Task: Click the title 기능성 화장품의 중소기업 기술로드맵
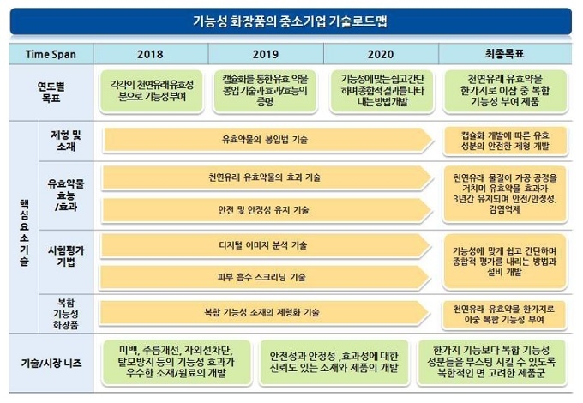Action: point(290,21)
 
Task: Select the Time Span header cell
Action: point(51,54)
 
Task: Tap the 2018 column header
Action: point(150,54)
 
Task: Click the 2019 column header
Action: point(266,54)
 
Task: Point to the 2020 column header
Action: point(381,54)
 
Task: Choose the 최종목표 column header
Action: point(505,54)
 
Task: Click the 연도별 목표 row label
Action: point(51,93)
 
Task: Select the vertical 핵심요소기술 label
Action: point(24,232)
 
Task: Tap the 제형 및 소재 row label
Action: point(66,141)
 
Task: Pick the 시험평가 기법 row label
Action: point(66,256)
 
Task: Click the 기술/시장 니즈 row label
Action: point(51,363)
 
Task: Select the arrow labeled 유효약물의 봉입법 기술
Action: point(268,140)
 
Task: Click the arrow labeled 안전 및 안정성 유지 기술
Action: point(267,210)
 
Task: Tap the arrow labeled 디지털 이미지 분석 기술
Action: point(266,245)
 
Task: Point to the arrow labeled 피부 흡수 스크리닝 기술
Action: point(265,277)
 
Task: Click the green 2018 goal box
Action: point(152,91)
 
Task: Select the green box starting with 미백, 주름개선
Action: point(176,362)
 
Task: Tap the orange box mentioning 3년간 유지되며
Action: point(505,194)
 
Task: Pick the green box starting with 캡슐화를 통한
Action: point(266,91)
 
